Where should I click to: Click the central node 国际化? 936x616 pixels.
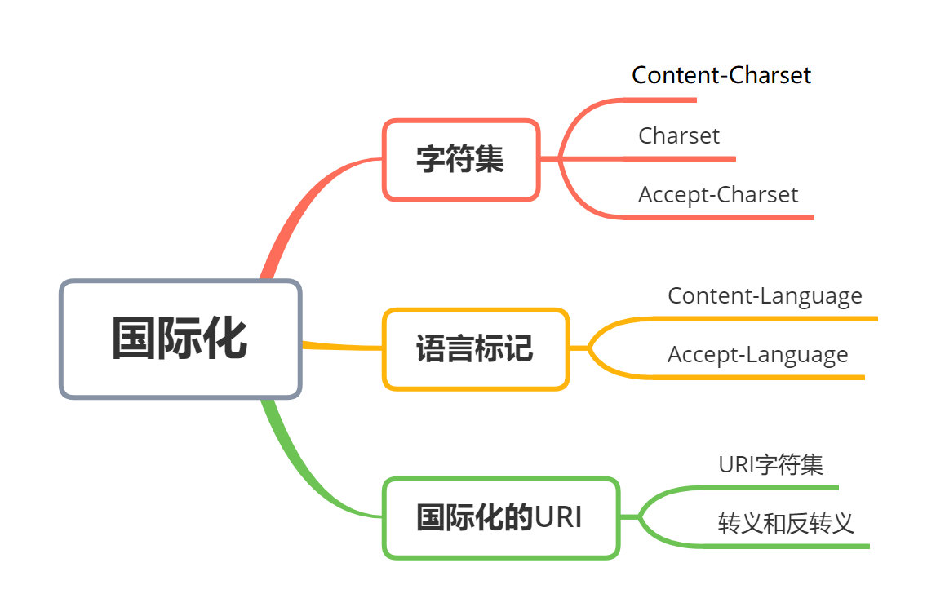[180, 339]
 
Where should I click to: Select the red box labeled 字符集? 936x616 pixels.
[460, 159]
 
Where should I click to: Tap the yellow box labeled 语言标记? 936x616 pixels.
[475, 348]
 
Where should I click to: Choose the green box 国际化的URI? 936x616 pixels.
[500, 517]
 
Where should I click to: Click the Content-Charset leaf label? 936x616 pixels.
[721, 75]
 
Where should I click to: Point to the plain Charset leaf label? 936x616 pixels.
[679, 135]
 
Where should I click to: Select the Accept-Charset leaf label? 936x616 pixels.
[718, 194]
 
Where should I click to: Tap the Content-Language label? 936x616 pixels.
[765, 295]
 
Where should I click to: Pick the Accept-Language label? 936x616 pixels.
[757, 355]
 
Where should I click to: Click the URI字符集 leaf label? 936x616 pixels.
[770, 465]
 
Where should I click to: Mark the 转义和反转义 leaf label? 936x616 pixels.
[786, 523]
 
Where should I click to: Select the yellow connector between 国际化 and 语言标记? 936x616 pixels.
[343, 346]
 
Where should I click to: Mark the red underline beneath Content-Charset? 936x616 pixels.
[661, 100]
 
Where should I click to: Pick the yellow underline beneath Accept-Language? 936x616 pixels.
[759, 377]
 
